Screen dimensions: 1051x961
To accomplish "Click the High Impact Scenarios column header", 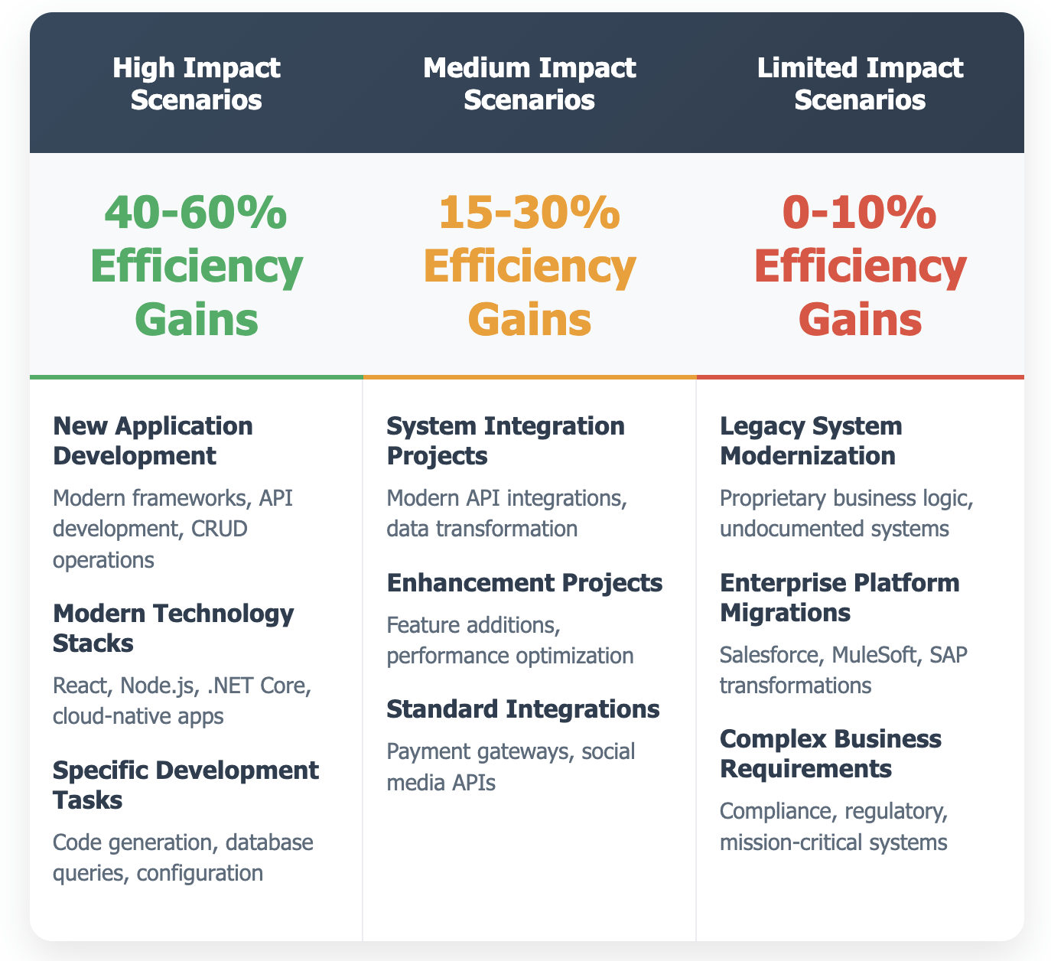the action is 197,84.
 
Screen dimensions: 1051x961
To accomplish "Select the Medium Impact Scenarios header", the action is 529,84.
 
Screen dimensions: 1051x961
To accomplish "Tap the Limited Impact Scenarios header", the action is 860,84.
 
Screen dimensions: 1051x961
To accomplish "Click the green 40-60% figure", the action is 196,213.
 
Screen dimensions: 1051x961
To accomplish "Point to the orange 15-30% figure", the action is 529,213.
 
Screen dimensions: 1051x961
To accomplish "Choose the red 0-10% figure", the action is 860,213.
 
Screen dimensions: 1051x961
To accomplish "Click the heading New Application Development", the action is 153,441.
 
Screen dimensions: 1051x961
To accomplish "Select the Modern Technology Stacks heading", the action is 174,628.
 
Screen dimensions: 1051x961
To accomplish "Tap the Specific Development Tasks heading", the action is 186,785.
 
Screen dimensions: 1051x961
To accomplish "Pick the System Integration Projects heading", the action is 506,441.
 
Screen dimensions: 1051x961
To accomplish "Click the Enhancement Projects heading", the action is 525,583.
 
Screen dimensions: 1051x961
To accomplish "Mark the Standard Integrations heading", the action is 523,709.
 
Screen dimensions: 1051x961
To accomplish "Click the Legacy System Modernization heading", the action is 811,441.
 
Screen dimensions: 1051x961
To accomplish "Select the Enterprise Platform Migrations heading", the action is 840,598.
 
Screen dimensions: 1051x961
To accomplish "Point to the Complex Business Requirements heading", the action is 831,754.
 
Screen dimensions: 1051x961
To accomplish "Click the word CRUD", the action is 219,529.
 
